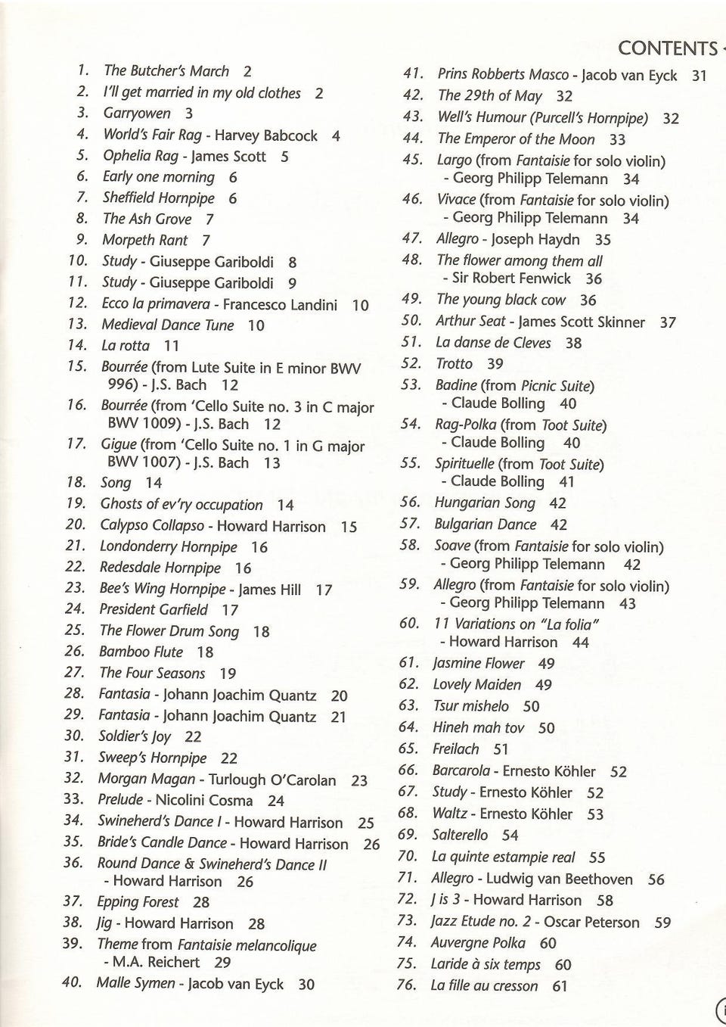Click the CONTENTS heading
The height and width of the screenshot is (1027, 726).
(667, 48)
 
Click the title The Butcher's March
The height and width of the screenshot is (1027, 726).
(166, 71)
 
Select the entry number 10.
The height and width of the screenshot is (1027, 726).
(79, 261)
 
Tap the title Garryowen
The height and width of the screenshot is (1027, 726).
(137, 114)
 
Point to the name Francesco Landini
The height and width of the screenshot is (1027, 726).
(280, 305)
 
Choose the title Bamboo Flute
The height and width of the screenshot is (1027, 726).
(141, 652)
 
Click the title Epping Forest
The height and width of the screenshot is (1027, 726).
(138, 901)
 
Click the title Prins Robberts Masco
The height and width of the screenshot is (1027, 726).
(502, 75)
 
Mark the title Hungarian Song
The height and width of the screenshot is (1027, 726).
(484, 503)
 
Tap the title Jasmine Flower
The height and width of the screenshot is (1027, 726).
(478, 664)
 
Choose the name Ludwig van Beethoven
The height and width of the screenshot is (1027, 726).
(559, 879)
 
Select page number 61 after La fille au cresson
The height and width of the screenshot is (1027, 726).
(560, 986)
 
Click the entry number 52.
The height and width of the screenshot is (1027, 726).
(411, 364)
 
